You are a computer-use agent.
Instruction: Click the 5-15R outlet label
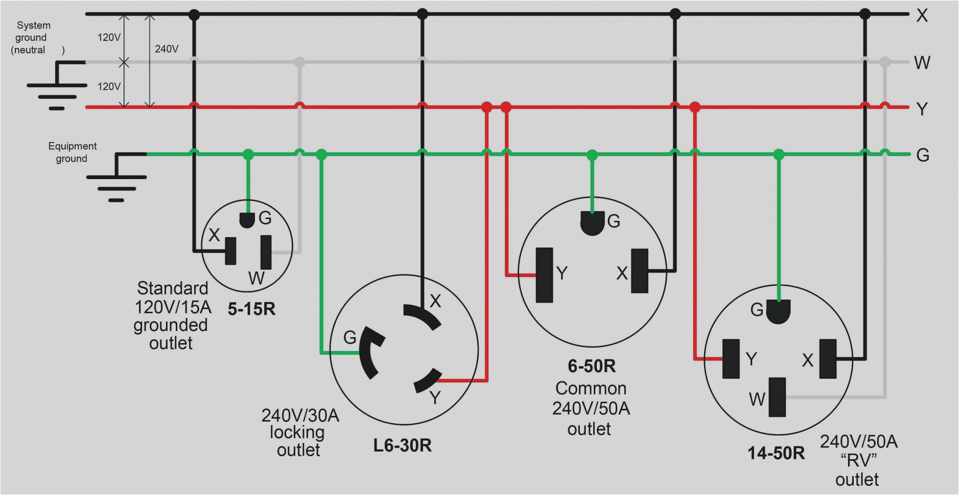[x=251, y=309]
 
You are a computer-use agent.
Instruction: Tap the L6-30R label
[x=402, y=445]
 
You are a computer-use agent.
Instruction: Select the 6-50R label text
[x=592, y=366]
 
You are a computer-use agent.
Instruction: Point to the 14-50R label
[x=776, y=453]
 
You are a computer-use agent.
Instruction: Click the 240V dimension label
[x=167, y=49]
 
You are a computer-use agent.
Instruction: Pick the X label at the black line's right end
[x=922, y=16]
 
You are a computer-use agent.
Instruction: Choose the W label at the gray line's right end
[x=922, y=63]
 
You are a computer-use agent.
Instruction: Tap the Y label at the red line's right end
[x=922, y=109]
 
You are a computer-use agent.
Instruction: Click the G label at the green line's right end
[x=922, y=155]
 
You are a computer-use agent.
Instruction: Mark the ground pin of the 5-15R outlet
[x=247, y=220]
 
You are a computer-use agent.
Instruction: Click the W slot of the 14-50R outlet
[x=777, y=397]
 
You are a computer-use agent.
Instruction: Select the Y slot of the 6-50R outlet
[x=544, y=275]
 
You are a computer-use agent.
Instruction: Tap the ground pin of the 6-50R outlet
[x=592, y=224]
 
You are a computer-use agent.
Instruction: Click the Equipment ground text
[x=72, y=152]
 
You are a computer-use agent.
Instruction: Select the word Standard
[x=172, y=288]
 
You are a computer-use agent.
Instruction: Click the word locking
[x=297, y=433]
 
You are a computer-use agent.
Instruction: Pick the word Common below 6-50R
[x=591, y=388]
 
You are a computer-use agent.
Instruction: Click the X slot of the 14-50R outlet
[x=828, y=359]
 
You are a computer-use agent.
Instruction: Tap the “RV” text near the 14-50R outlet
[x=858, y=461]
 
